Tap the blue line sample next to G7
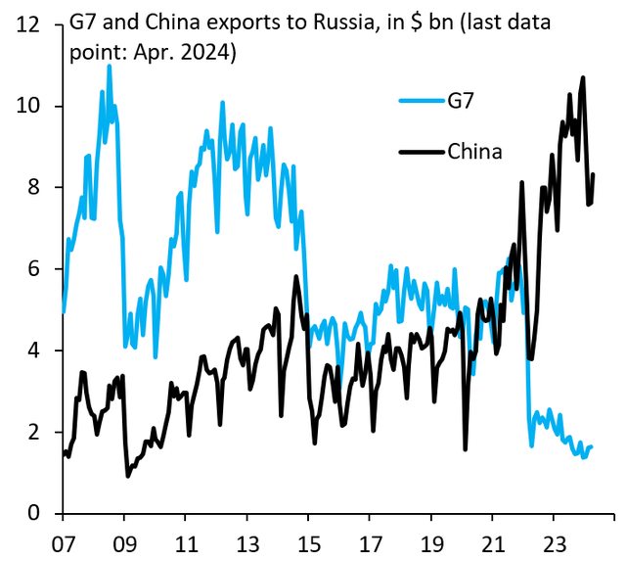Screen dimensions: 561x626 click(x=421, y=100)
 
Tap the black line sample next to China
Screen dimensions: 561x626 click(x=421, y=151)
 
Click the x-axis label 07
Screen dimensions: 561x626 click(x=63, y=539)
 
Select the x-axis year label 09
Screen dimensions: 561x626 click(x=124, y=539)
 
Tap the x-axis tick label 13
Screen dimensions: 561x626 click(x=246, y=539)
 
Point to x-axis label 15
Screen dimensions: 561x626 click(x=308, y=539)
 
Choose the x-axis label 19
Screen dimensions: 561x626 click(x=430, y=539)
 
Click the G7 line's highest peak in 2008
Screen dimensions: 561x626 click(x=109, y=66)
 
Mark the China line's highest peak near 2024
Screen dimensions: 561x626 click(x=584, y=77)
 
